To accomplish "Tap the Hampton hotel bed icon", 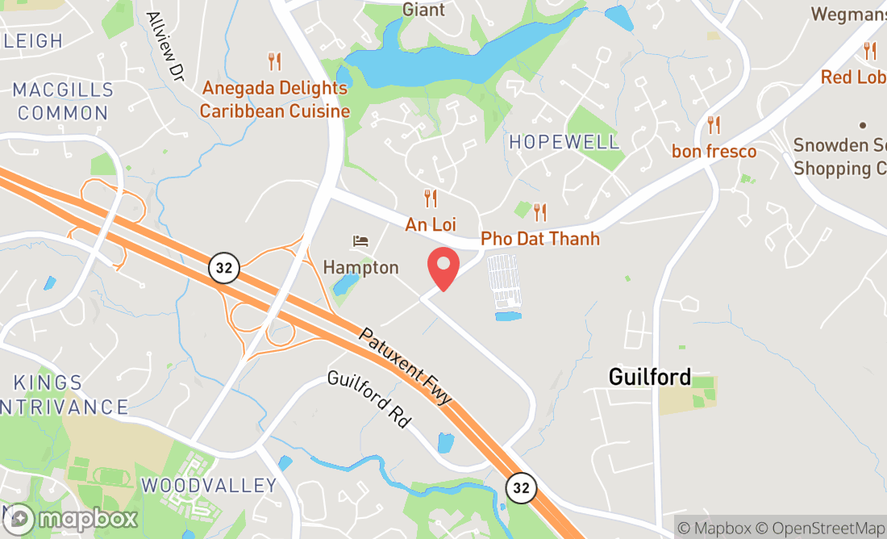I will (x=360, y=241).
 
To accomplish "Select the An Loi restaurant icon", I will (x=431, y=198).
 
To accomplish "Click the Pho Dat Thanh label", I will (x=540, y=239).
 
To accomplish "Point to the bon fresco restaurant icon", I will (x=714, y=125).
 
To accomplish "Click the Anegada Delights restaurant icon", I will (x=275, y=61).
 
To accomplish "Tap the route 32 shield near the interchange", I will (x=224, y=268).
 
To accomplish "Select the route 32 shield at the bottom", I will (x=521, y=487).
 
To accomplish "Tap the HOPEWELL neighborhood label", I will (x=564, y=142).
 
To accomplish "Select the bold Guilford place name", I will (x=650, y=377).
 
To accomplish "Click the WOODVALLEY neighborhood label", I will (x=209, y=486).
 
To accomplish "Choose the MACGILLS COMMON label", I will (x=63, y=101).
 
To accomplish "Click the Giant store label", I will (x=423, y=10).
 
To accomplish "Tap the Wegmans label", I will (x=847, y=14).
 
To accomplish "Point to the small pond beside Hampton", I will (x=346, y=284).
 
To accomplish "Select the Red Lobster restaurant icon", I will (x=869, y=50).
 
